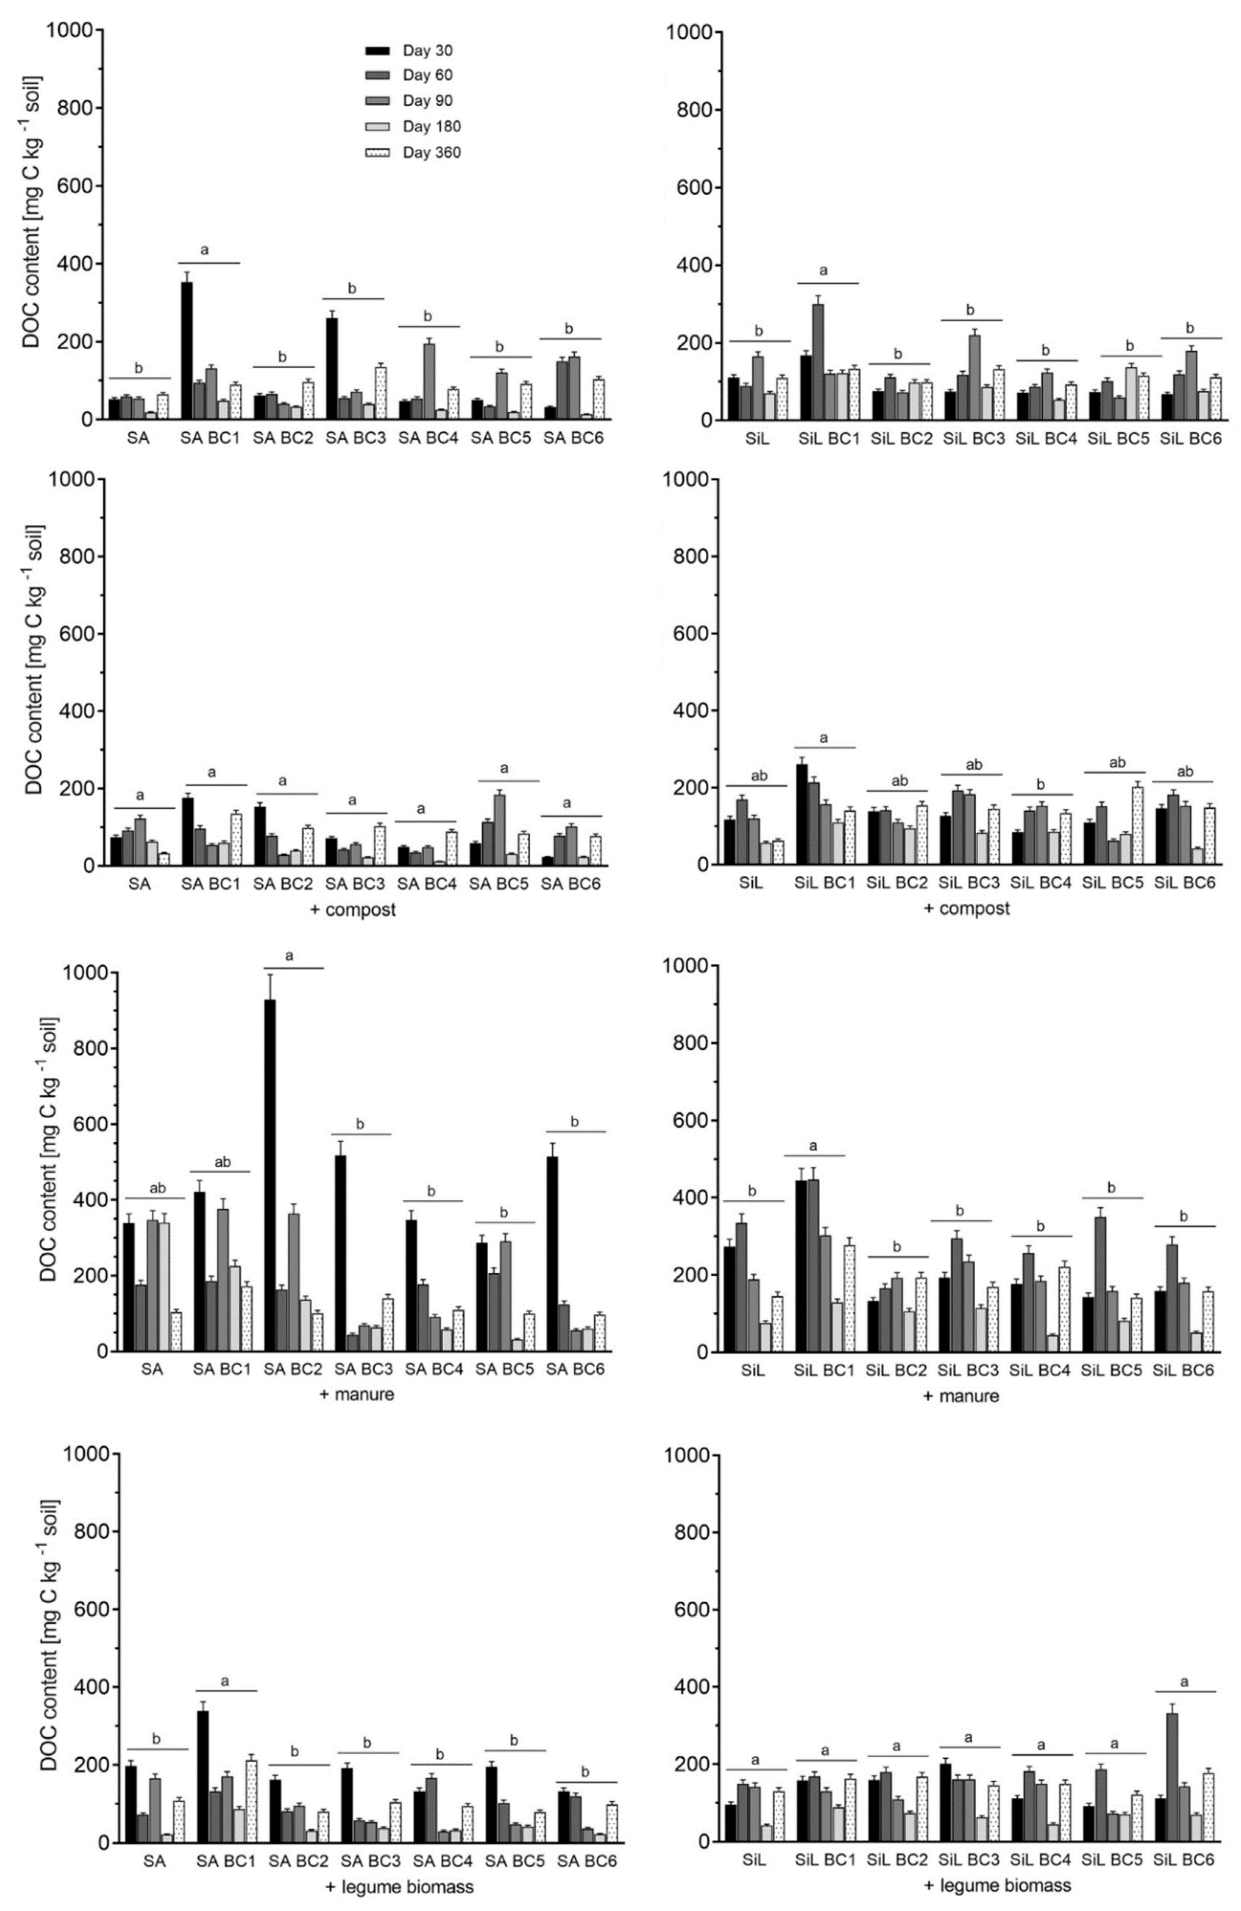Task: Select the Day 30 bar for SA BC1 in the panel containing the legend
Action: (187, 351)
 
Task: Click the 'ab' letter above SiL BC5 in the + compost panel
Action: (1117, 763)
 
